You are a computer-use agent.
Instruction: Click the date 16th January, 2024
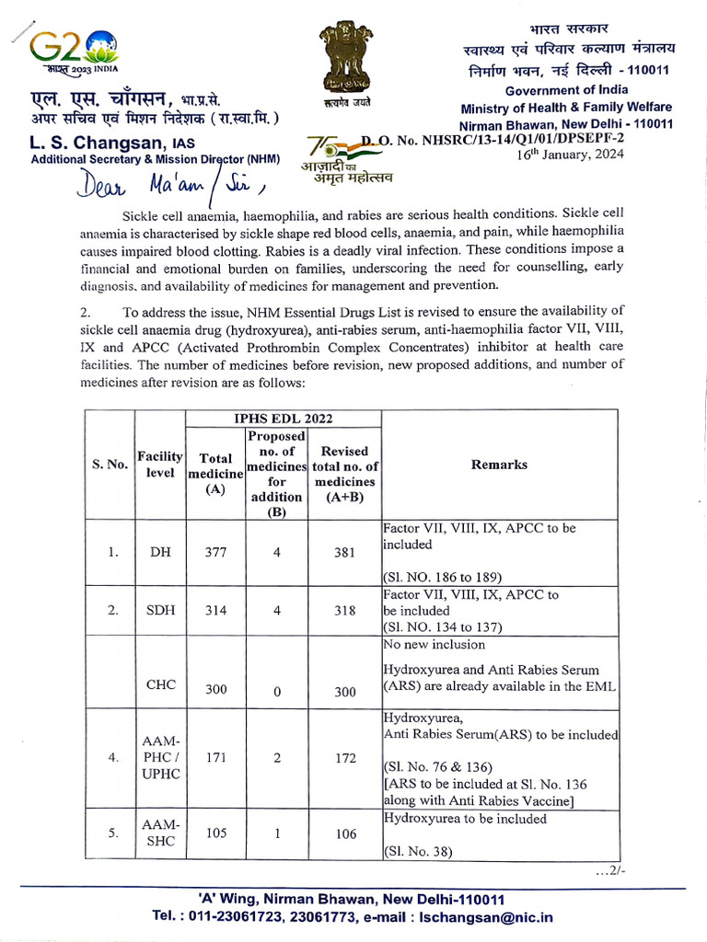coord(572,154)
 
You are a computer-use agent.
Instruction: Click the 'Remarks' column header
coord(499,465)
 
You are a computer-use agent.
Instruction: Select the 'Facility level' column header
coord(160,465)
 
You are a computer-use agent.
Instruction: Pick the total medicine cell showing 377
coord(215,553)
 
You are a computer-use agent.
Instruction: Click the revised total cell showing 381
coord(345,553)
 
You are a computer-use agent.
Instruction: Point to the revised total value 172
coord(345,758)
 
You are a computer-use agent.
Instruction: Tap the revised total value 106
coord(345,833)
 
